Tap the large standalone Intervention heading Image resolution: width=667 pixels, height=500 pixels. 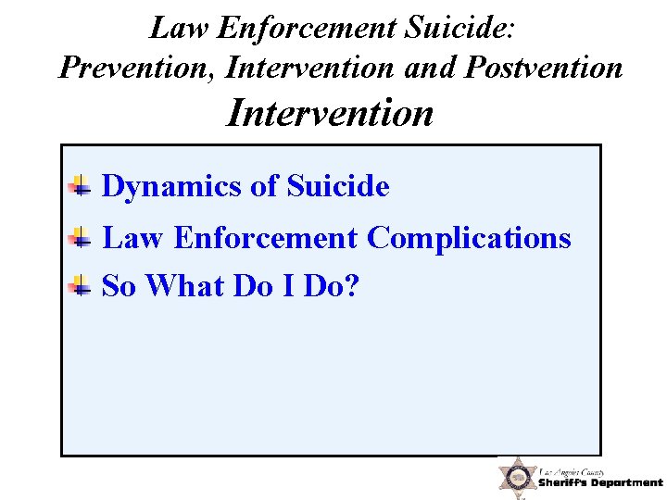[x=330, y=113]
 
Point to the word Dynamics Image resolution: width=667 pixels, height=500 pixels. [x=171, y=187]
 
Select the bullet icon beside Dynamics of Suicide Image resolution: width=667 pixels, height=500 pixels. [x=81, y=186]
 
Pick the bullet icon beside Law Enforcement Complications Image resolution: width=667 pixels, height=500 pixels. [x=81, y=238]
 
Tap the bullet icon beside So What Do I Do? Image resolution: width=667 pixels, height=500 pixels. [x=81, y=286]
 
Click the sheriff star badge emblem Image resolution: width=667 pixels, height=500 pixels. [x=518, y=478]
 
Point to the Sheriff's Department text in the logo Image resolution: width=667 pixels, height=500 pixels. [x=600, y=483]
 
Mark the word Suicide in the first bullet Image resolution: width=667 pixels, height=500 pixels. [x=338, y=187]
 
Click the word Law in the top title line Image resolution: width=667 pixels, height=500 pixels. [x=179, y=29]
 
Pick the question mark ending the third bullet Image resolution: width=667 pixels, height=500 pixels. [x=350, y=286]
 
